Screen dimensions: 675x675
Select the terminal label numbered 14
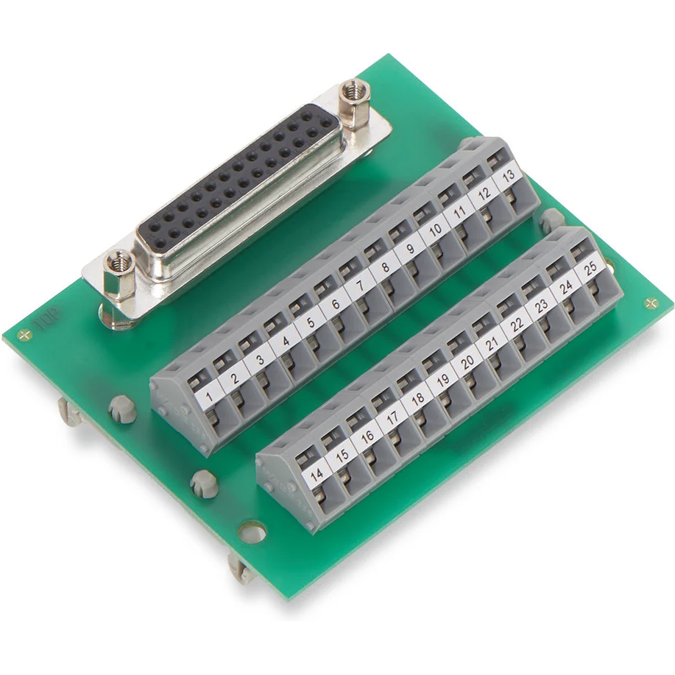coord(317,476)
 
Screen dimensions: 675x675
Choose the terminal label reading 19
coord(442,380)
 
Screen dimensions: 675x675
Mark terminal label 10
coord(435,230)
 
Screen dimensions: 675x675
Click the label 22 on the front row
coord(517,324)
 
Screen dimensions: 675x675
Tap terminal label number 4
coord(283,343)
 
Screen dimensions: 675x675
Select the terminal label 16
coord(367,437)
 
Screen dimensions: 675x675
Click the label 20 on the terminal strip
coord(467,361)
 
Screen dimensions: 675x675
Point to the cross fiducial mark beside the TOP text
coord(28,335)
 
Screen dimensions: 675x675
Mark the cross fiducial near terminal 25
coord(649,303)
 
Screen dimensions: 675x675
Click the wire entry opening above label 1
coord(198,380)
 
